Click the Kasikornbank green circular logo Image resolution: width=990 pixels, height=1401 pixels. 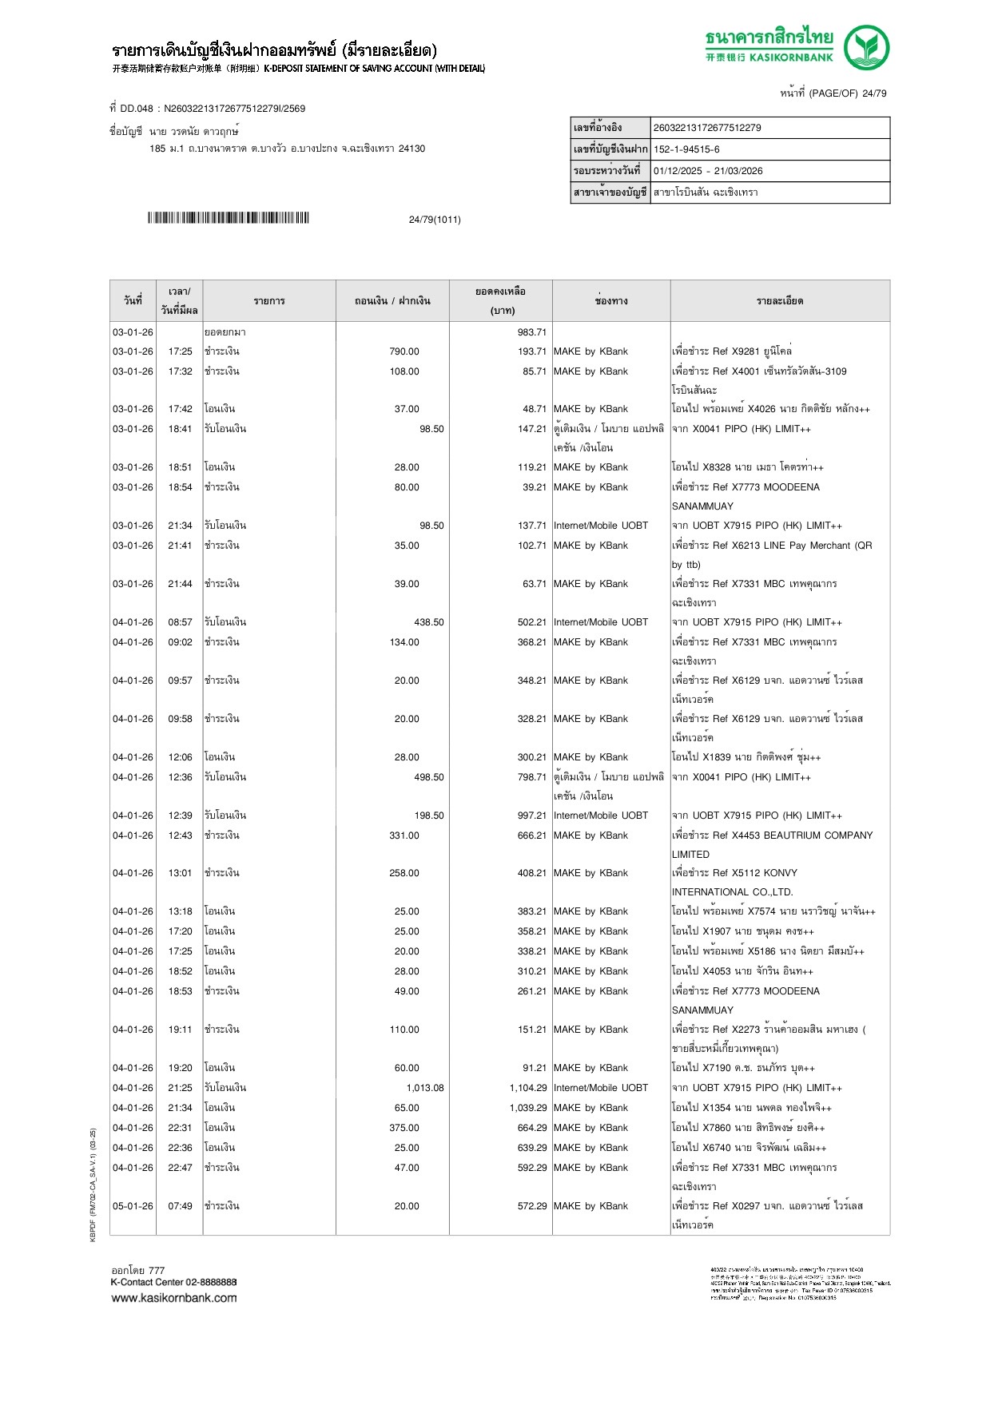click(866, 47)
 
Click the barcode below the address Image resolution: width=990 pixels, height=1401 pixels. click(228, 218)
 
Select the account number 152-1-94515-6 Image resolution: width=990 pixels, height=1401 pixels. click(686, 149)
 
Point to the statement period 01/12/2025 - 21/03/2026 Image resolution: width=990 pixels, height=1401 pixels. click(708, 171)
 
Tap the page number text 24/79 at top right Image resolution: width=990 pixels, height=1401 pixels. click(874, 93)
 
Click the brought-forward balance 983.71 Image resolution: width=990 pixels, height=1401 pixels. click(531, 332)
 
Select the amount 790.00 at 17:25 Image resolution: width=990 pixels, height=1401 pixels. click(404, 351)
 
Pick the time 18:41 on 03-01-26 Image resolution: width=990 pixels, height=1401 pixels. click(180, 429)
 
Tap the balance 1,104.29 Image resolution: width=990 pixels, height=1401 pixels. click(527, 1088)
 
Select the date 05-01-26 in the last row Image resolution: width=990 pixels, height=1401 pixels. click(133, 1206)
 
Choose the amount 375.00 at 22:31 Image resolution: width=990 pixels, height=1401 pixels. click(404, 1128)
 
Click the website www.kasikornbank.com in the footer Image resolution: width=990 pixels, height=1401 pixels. click(174, 1298)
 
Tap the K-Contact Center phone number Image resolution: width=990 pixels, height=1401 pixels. click(208, 1283)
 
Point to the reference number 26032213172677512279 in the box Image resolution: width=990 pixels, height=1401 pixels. click(707, 128)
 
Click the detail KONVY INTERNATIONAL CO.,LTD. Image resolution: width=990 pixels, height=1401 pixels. click(731, 883)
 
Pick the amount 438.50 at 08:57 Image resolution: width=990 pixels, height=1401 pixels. click(429, 622)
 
